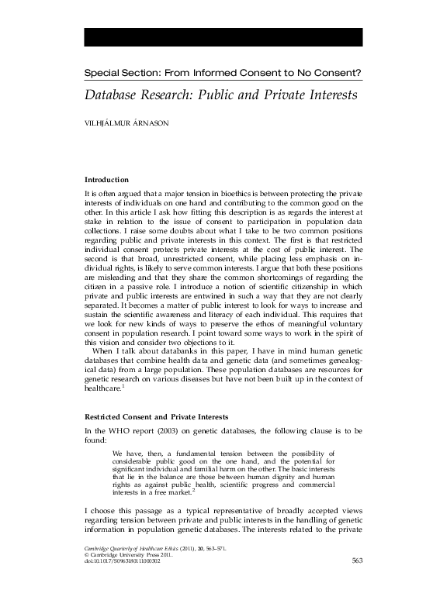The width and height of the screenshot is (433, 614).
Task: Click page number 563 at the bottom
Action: click(x=358, y=582)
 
